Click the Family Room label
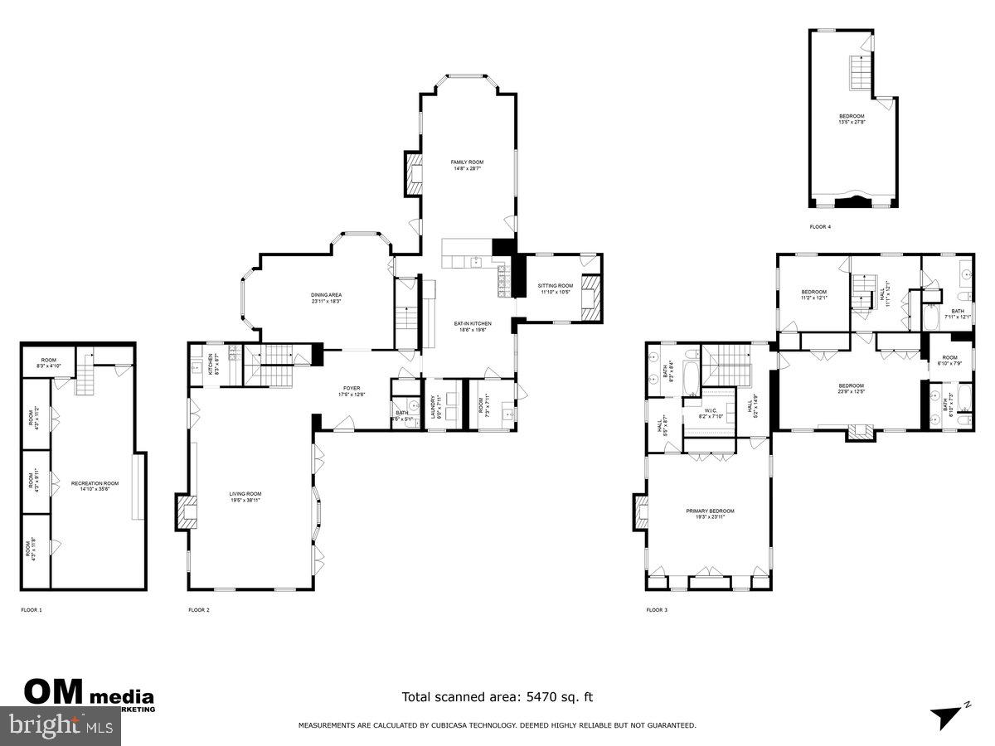click(x=467, y=165)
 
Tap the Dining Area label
click(x=326, y=298)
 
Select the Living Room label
click(x=245, y=497)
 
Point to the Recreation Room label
click(x=95, y=486)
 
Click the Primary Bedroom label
click(x=710, y=513)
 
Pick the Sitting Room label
click(x=556, y=288)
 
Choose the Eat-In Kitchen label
click(x=472, y=326)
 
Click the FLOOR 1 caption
click(x=32, y=610)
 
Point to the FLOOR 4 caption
click(x=820, y=226)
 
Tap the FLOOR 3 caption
click(x=657, y=610)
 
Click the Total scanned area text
click(x=498, y=697)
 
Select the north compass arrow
click(x=948, y=715)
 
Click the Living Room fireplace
click(x=184, y=511)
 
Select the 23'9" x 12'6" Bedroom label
click(x=851, y=389)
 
